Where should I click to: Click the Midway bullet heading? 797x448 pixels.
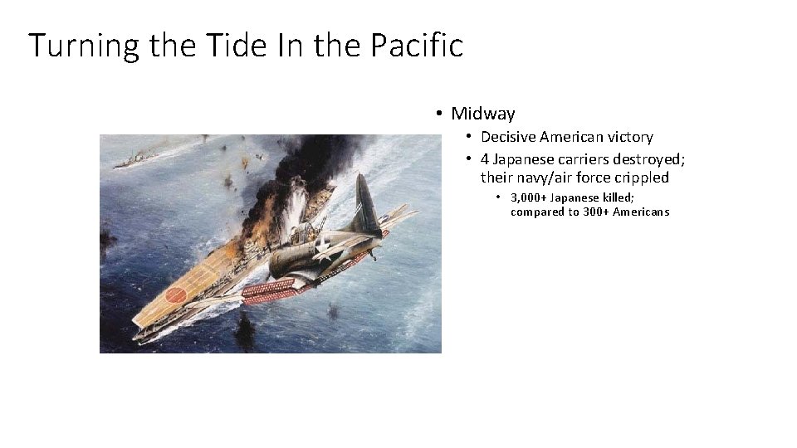(482, 114)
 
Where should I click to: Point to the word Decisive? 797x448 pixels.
(508, 137)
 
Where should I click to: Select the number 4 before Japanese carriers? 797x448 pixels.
(485, 159)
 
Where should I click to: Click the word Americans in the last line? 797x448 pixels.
(642, 212)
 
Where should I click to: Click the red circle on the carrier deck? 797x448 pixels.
(177, 295)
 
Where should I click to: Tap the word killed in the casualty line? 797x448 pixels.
(618, 197)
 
